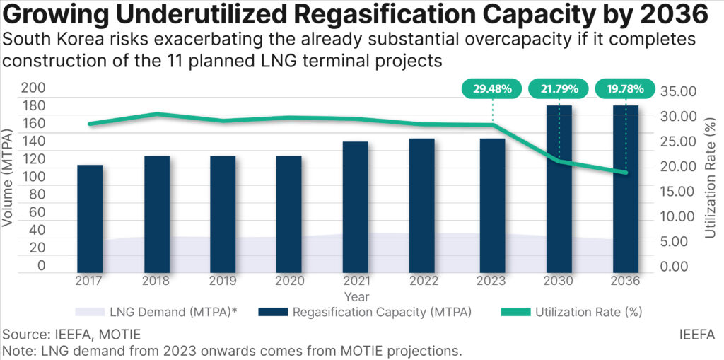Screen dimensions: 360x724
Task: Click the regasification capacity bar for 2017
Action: pos(90,218)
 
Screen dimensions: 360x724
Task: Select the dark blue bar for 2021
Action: pos(356,207)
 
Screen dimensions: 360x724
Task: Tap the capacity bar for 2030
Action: pos(559,188)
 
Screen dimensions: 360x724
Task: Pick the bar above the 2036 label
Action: pos(626,188)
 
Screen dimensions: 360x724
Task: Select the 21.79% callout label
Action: pos(559,89)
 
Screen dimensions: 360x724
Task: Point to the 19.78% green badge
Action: pos(626,89)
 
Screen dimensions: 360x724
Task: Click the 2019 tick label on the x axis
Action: pos(223,280)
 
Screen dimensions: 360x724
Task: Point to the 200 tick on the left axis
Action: pos(35,88)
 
